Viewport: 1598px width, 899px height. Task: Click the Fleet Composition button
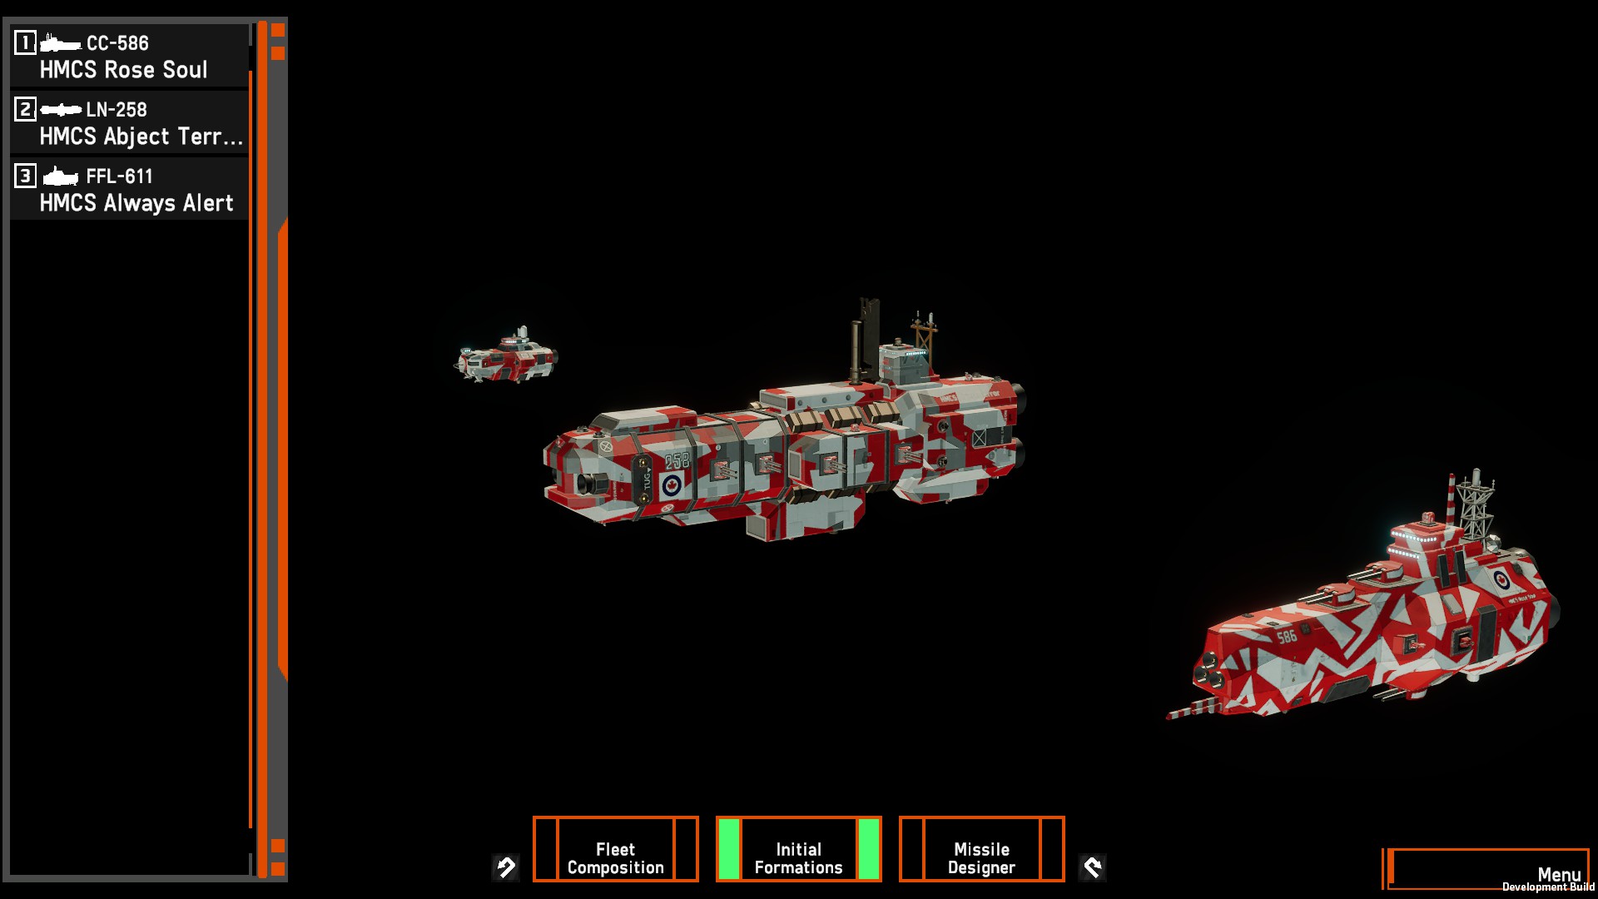tap(616, 849)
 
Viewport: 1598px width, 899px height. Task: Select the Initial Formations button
tap(799, 849)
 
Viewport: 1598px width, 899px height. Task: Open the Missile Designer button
tap(982, 849)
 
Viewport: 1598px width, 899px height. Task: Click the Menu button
tap(1488, 869)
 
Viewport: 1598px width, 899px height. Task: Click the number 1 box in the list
tap(25, 42)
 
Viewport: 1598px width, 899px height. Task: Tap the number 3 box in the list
tap(25, 176)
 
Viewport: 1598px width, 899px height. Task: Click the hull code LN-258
tap(117, 110)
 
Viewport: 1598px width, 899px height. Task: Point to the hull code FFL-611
tap(120, 176)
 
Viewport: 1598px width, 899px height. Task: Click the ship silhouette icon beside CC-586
tap(61, 42)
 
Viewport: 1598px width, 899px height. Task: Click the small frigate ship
tap(506, 355)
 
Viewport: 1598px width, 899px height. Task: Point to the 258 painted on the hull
tap(677, 460)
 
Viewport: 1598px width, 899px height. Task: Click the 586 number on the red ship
tap(1287, 637)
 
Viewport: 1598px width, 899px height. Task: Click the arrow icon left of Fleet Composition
tap(506, 868)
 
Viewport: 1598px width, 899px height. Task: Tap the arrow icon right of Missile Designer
tap(1092, 868)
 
